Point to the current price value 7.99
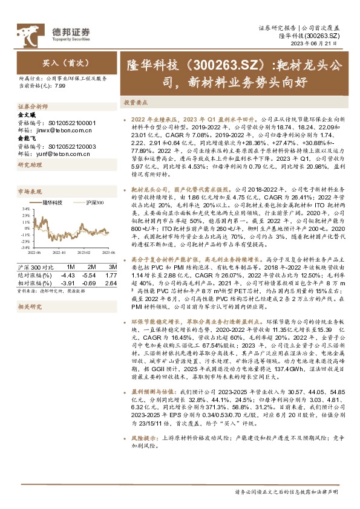60,86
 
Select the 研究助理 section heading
27,165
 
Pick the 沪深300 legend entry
93,203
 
